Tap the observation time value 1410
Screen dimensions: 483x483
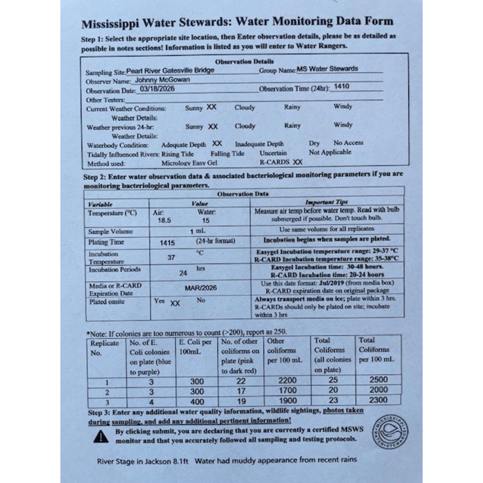pos(342,87)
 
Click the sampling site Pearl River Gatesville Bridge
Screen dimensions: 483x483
pos(170,70)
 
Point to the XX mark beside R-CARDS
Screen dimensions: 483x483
pos(297,162)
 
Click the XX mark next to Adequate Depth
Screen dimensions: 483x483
pos(217,144)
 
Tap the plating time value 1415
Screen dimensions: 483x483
pos(167,243)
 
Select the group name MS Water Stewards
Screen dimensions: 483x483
pos(328,69)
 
